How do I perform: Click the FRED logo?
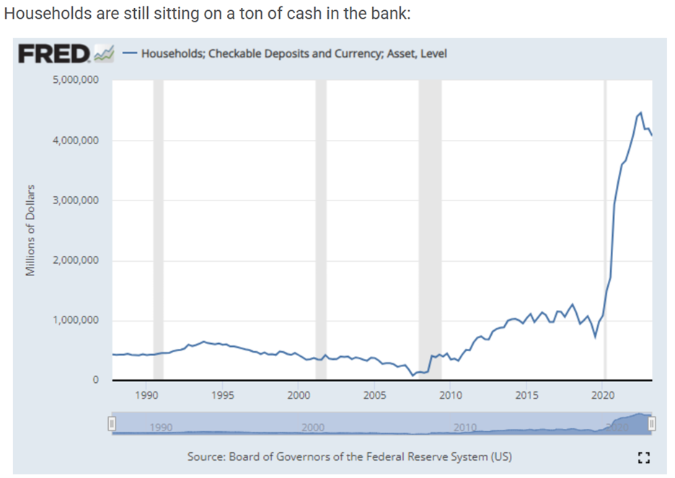(55, 53)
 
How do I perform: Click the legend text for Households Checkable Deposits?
(294, 53)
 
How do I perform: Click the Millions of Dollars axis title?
(30, 231)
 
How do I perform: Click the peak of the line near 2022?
(640, 112)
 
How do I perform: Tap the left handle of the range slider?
(112, 423)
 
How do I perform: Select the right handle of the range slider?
(652, 423)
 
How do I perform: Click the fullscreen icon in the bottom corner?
(645, 456)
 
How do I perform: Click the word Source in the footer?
(205, 456)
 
